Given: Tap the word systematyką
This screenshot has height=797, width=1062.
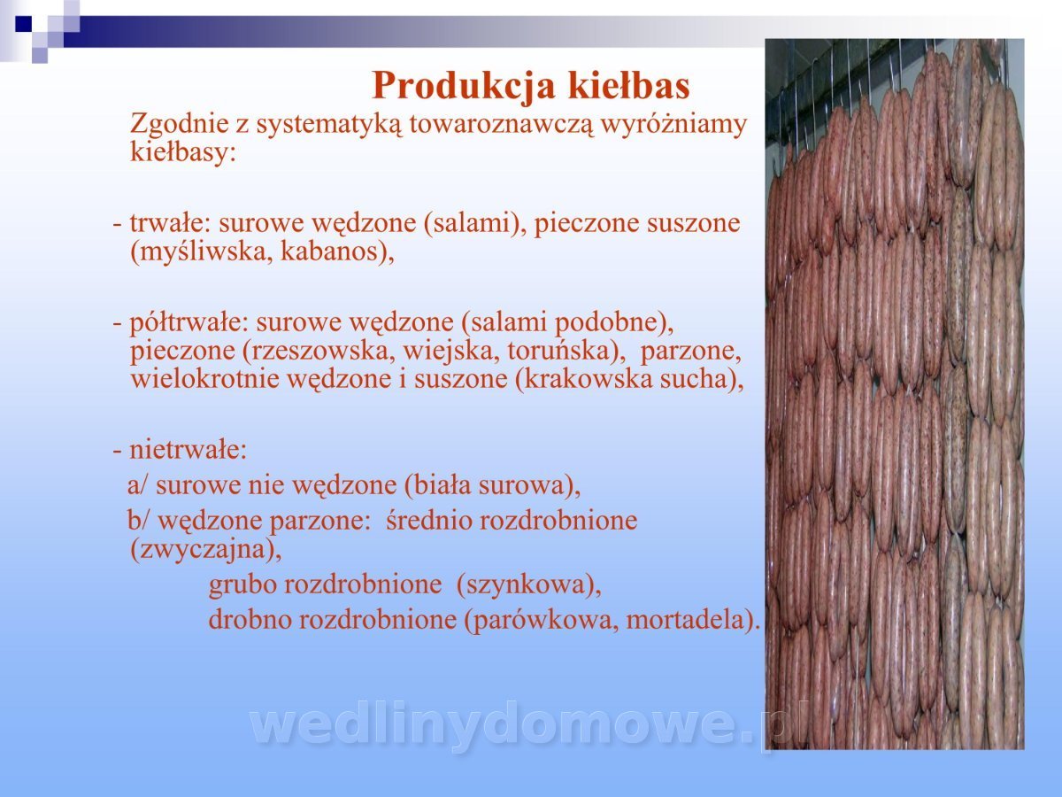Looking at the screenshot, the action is (329, 124).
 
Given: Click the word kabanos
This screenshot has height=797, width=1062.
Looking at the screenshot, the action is (334, 251).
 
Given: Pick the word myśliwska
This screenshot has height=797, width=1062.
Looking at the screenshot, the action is (198, 252).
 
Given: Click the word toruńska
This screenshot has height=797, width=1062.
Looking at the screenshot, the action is (562, 351).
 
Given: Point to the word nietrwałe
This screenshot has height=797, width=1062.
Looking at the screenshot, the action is (189, 450).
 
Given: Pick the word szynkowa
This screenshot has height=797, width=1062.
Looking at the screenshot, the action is (525, 585).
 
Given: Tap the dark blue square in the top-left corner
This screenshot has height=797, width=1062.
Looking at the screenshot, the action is (24, 24).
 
